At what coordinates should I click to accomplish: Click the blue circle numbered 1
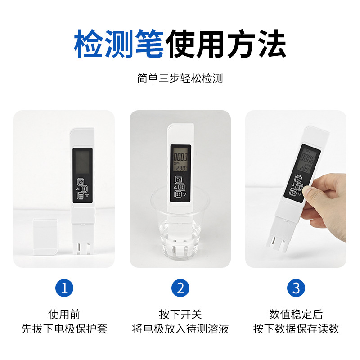pos(64,288)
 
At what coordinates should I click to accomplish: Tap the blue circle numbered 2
pos(180,288)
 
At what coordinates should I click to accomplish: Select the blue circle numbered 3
pos(296,288)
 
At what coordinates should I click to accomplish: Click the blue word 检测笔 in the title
pos(119,44)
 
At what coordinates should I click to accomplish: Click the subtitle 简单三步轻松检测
pos(180,78)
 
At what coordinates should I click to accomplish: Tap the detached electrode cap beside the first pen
pos(45,237)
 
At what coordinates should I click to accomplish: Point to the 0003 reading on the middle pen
pos(180,157)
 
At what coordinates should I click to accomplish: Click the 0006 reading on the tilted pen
pos(307,158)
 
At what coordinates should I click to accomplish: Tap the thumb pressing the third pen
pos(308,190)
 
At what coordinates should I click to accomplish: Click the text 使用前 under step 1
pos(64,314)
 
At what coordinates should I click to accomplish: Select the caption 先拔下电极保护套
pos(64,329)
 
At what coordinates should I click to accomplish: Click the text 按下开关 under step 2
pos(180,314)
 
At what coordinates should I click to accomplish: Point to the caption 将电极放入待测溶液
pos(180,329)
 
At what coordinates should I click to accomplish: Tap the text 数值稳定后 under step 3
pos(296,314)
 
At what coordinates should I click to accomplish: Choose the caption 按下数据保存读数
pos(296,329)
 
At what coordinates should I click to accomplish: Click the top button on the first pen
pos(81,182)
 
